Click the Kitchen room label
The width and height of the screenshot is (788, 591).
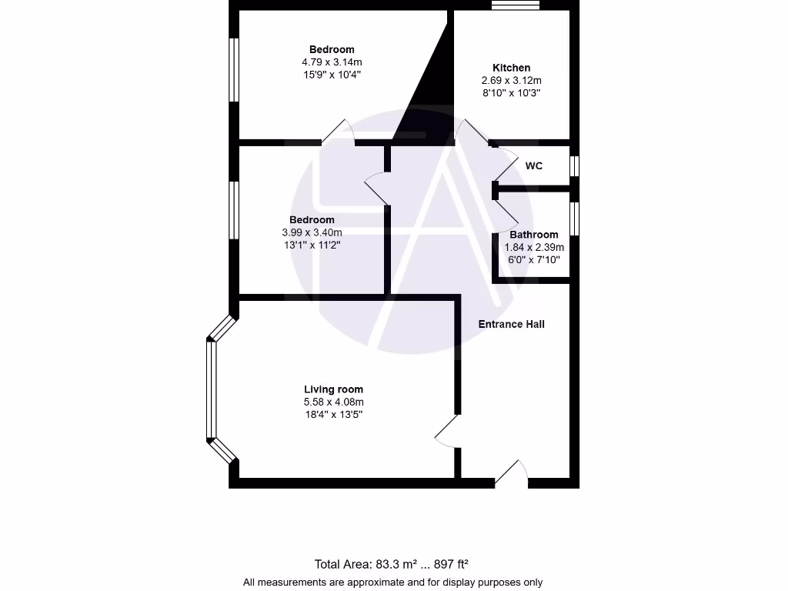tap(511, 68)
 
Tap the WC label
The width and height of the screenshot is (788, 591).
tap(534, 165)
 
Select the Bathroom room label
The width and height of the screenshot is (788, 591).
tap(533, 235)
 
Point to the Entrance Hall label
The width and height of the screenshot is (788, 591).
tap(511, 324)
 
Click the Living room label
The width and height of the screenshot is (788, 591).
tap(333, 389)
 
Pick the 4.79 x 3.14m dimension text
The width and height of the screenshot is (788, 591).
tap(332, 62)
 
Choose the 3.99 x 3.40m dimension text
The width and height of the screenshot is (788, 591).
tap(312, 232)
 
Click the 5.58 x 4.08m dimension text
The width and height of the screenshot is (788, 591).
tap(333, 402)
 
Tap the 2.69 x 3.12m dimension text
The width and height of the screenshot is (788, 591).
tap(511, 80)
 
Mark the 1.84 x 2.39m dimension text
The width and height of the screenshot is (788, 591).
tap(533, 247)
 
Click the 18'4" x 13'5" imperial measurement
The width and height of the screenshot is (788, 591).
tap(333, 415)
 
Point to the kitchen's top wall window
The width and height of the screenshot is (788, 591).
tap(516, 6)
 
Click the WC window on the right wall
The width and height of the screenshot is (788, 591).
tap(574, 166)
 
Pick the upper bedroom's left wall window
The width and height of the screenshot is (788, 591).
tap(234, 69)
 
